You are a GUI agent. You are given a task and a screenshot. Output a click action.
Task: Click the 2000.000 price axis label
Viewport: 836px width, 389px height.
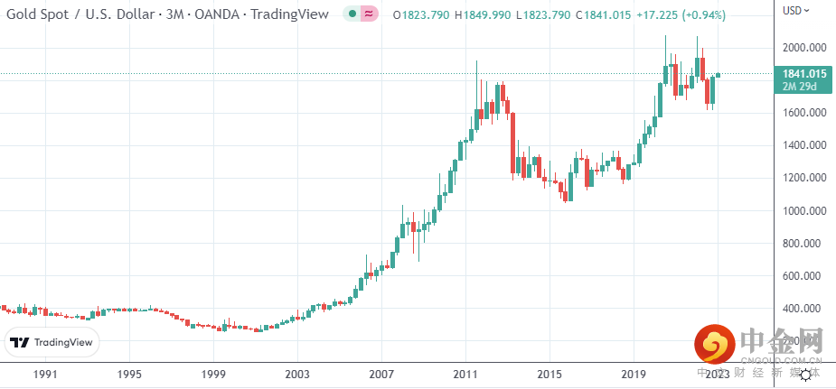point(805,48)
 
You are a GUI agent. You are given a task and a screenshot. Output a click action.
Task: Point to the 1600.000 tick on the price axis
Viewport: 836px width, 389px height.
point(805,113)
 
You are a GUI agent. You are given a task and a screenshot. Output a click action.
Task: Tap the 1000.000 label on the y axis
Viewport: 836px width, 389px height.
point(805,211)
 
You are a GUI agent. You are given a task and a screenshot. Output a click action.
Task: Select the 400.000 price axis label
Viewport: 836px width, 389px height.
point(805,309)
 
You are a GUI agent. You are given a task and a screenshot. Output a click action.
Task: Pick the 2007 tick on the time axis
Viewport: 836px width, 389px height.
point(381,374)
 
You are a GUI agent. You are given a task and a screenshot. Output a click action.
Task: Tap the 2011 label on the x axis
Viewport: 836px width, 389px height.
point(465,374)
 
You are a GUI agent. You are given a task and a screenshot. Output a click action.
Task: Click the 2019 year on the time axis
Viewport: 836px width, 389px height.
point(634,374)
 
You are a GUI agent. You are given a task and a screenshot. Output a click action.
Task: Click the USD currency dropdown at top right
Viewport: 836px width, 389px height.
point(795,11)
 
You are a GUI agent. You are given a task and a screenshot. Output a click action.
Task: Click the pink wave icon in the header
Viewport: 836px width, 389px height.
point(368,14)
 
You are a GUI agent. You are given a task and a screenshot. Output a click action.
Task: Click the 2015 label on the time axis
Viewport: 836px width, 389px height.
point(550,374)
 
